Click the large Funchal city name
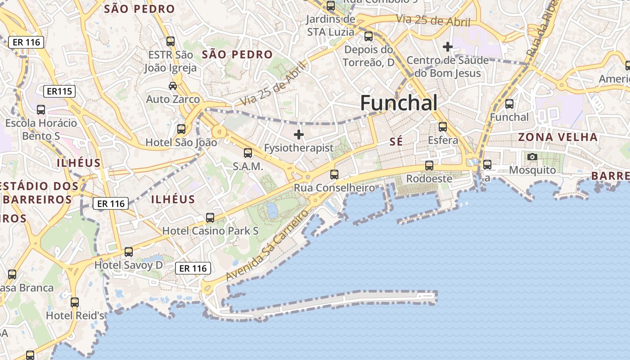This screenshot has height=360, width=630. [399, 103]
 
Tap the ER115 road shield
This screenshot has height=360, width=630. [59, 92]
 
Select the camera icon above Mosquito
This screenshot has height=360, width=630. [532, 157]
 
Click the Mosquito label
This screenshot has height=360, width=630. [532, 170]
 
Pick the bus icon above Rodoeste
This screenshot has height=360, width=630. [429, 165]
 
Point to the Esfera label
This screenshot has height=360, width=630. [443, 140]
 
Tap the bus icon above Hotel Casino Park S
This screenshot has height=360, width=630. [210, 218]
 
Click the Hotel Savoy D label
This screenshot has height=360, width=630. [128, 265]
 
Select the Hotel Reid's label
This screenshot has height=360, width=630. [75, 315]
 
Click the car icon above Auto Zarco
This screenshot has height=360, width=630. [173, 85]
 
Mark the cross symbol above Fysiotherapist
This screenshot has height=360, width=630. [298, 134]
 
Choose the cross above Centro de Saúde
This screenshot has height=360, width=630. [447, 46]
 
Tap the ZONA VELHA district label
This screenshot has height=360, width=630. [558, 137]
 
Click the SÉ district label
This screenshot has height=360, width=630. [396, 142]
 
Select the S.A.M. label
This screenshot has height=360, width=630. [247, 166]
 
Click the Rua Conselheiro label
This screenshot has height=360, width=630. [334, 188]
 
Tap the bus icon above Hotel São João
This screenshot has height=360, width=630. [181, 129]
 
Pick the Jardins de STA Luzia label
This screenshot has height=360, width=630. [330, 26]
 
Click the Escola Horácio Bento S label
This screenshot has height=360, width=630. [41, 129]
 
